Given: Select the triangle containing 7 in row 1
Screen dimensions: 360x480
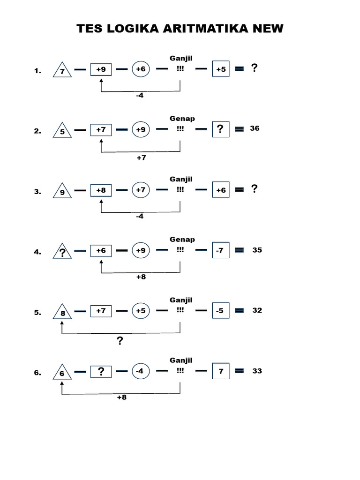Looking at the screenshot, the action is pos(62,70).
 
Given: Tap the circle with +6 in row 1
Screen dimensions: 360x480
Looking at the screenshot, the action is pos(140,69).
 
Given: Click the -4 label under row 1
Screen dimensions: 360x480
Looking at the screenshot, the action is pos(139,96).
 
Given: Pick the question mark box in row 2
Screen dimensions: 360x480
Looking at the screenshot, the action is pos(220,129).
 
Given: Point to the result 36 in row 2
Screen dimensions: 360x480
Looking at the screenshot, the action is pos(255,128).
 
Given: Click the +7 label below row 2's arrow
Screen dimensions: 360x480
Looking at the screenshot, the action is pos(142,158).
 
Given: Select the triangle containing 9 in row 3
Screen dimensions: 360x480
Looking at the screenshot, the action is pos(62,191).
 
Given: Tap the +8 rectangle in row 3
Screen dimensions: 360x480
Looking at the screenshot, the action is pos(101,190).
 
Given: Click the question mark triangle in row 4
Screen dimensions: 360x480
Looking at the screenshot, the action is pos(62,252).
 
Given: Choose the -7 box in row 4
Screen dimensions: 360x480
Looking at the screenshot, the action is pos(220,251).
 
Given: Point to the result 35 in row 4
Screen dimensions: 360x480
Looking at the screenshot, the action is pos(257,250).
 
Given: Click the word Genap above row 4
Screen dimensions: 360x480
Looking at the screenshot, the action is pos(182,240).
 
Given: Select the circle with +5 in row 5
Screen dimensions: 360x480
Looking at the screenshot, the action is pos(140,310).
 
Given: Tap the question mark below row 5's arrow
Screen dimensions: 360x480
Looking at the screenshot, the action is pos(120,341).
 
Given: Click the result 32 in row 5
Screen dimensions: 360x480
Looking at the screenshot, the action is pos(257,310).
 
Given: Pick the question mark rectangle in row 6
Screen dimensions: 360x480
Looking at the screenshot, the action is pos(101,371).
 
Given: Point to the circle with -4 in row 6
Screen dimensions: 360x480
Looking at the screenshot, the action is pos(140,371).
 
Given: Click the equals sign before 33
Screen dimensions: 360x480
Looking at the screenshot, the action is pos(239,371).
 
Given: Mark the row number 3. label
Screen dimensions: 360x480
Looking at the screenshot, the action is pos(37,191).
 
